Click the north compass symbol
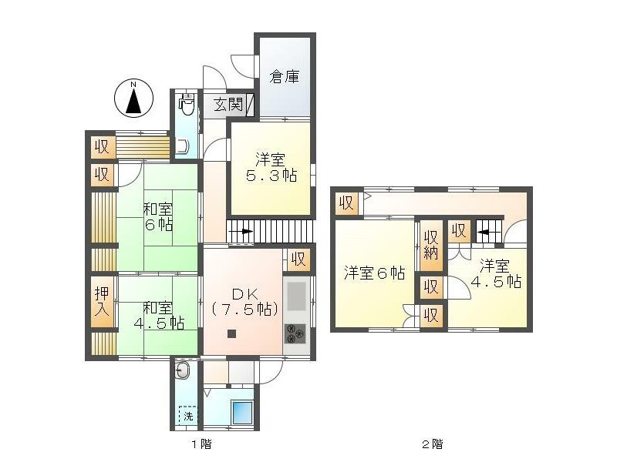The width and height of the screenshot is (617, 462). [x=133, y=99]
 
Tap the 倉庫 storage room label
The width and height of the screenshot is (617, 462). [x=284, y=76]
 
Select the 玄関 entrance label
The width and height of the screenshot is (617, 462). [x=228, y=105]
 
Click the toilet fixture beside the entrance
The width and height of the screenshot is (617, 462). [x=187, y=104]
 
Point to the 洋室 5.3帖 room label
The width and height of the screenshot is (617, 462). [x=271, y=167]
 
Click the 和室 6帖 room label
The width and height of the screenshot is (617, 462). [x=157, y=216]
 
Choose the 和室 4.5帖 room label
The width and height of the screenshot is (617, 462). [x=159, y=315]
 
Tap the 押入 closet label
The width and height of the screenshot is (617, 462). [x=102, y=300]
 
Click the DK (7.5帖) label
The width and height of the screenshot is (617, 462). [x=244, y=302]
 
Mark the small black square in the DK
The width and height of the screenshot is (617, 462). [x=232, y=334]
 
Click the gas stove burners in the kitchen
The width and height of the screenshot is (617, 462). [x=295, y=333]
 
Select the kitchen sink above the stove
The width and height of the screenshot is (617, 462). [x=296, y=296]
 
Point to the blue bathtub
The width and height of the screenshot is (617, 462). [x=242, y=412]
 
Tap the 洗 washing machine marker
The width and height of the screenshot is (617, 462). [x=188, y=416]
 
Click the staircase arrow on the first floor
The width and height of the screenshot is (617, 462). [x=244, y=231]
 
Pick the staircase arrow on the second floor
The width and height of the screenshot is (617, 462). [x=486, y=232]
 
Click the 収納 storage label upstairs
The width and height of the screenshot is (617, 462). [x=431, y=245]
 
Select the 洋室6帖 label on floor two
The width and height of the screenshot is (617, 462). [x=374, y=273]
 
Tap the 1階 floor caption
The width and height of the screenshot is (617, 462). [x=201, y=444]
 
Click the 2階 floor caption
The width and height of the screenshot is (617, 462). [x=432, y=444]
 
